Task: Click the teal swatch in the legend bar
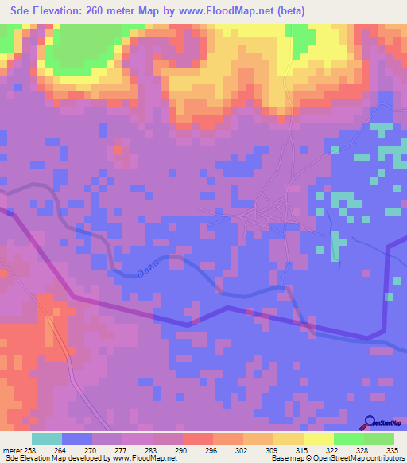47,438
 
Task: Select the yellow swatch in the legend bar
319,438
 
